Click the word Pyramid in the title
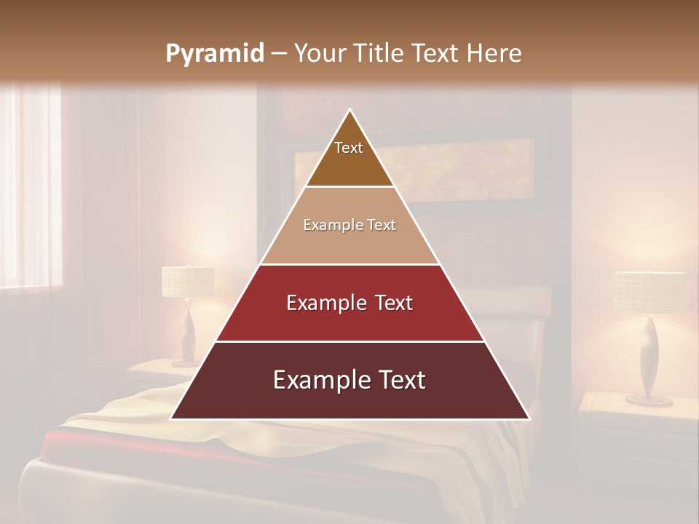214,54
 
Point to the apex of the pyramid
350,111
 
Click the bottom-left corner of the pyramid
172,418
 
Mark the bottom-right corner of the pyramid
529,418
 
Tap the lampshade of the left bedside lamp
188,282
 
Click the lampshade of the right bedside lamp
649,291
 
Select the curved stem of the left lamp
189,331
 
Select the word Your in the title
321,53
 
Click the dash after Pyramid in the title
277,54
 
